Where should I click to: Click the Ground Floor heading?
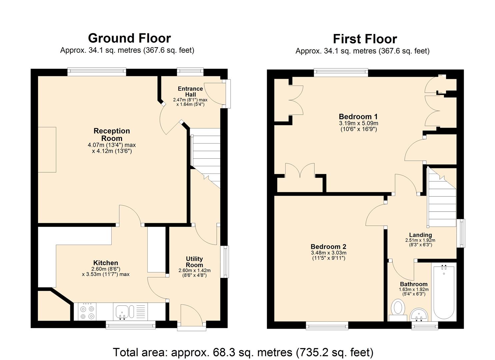coord(129,38)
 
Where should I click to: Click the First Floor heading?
coord(365,39)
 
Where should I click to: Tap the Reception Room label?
coord(112,135)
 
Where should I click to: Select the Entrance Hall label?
coord(190,91)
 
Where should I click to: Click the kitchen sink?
coord(125,312)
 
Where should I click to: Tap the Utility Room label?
coord(194,262)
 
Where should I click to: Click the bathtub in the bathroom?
coord(443,292)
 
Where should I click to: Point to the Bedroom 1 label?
coord(358,117)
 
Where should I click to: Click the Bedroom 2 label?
coord(328,247)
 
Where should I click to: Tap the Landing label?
coord(420,235)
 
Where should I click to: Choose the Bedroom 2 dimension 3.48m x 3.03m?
coord(328,253)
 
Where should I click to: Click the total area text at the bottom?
coord(243,352)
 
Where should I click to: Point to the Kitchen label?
coord(105,263)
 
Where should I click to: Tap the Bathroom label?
coord(414,284)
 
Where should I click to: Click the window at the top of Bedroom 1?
coord(341,72)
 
